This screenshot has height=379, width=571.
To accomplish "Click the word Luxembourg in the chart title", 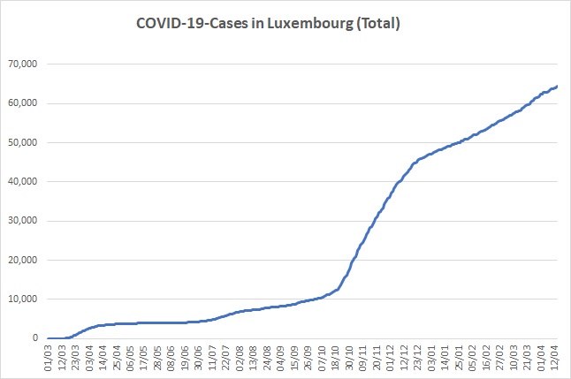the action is click(310, 24).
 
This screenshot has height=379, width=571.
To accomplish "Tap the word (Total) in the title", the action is click(378, 24).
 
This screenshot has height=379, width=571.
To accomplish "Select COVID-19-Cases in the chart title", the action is click(193, 23).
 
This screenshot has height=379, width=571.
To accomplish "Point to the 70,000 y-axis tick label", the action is click(23, 64).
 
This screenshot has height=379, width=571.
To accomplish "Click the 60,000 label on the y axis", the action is click(23, 103).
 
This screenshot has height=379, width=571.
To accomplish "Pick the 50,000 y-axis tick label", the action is click(23, 142).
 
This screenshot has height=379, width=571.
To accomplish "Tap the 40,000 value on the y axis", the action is click(23, 181).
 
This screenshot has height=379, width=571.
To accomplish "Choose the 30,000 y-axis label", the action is click(23, 221).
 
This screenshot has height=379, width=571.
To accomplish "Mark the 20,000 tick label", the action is click(23, 260).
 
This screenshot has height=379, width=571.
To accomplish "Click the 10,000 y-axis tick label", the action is click(23, 299).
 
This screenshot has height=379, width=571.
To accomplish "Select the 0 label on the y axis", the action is click(35, 337).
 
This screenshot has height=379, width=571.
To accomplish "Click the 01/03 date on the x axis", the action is click(49, 358).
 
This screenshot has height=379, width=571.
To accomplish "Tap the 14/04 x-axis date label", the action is click(103, 358).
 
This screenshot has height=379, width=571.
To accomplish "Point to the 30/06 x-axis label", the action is click(199, 358).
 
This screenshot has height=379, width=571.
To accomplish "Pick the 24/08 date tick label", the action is click(267, 358).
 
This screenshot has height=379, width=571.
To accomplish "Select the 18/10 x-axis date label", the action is click(336, 358).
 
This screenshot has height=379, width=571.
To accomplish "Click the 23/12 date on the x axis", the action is click(418, 358).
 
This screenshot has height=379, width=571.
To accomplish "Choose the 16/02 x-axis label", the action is click(486, 358).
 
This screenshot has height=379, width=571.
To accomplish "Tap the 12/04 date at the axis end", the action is click(554, 358).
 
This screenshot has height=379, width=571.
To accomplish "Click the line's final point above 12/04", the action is click(557, 87).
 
